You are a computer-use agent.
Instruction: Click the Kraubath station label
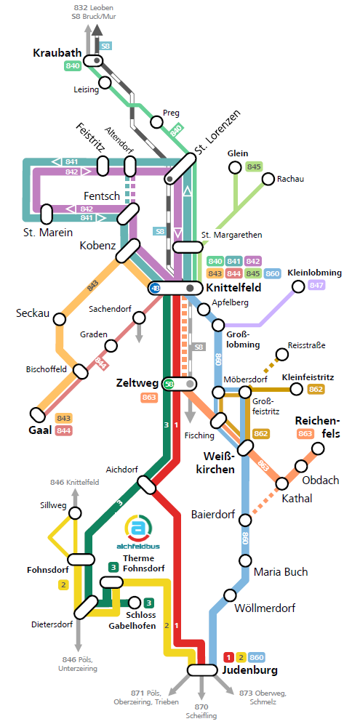pos(57,53)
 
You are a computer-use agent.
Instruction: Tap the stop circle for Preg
pos(157,122)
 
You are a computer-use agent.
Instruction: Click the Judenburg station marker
pos(202,669)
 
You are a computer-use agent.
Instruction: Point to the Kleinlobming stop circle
pos(297,287)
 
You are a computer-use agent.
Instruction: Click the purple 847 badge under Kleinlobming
pos(316,285)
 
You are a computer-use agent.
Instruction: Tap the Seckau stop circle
pos(59,319)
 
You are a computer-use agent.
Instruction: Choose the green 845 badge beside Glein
pos(254,166)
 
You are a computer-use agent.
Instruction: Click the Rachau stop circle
pos(268,179)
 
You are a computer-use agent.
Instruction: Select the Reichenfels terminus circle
pos(318,449)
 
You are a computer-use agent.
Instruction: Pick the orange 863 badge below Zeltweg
pos(149,397)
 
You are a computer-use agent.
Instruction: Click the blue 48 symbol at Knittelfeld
pos(156,289)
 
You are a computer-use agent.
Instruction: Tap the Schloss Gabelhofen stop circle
pos(134,602)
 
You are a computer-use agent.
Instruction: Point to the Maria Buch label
pos(281,572)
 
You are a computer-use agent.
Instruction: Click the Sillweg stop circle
pos(75,513)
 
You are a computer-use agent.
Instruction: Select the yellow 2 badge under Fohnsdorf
pos(63,584)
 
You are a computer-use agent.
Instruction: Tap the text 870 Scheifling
pos(201,711)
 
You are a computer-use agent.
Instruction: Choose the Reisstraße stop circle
pos(281,355)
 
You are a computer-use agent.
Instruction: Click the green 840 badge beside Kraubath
pos(73,66)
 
